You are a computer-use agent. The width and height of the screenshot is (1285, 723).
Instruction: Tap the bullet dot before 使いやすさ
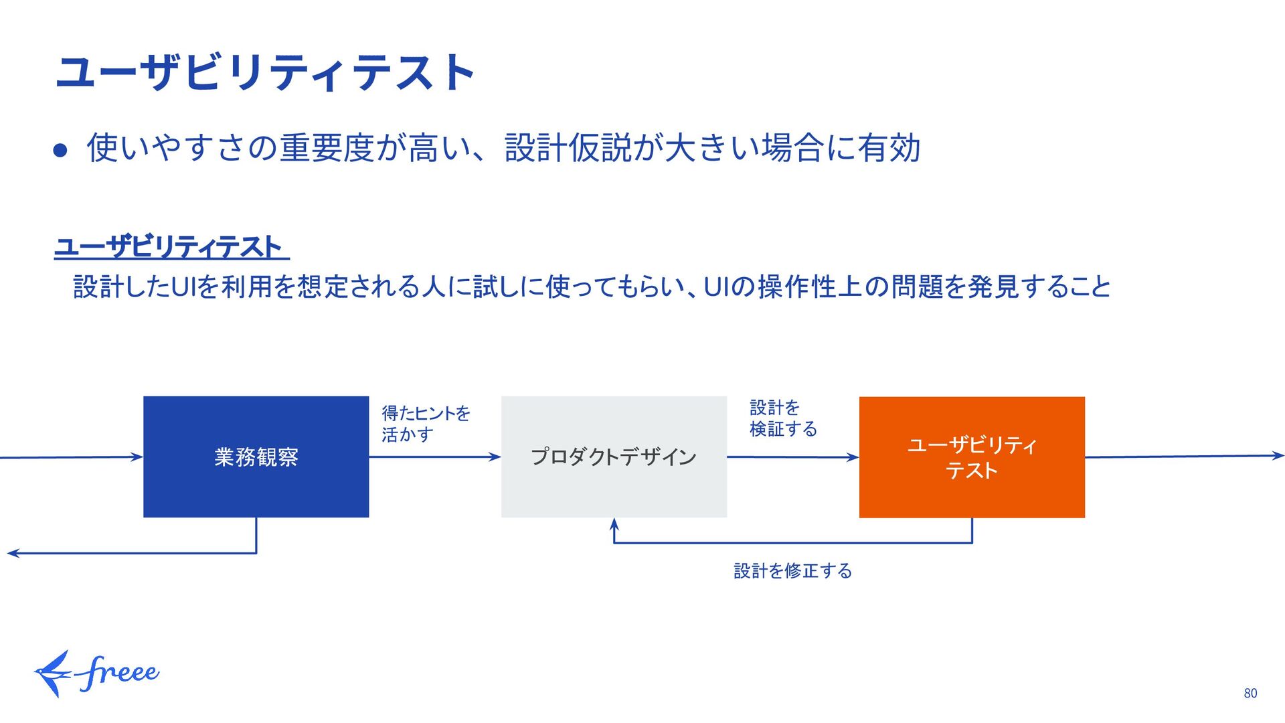pyautogui.click(x=61, y=151)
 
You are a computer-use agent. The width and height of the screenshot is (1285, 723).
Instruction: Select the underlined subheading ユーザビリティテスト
pyautogui.click(x=171, y=247)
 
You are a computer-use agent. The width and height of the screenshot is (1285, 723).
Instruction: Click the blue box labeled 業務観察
pyautogui.click(x=256, y=457)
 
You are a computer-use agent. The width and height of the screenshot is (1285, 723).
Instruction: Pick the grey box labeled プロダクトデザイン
pyautogui.click(x=614, y=457)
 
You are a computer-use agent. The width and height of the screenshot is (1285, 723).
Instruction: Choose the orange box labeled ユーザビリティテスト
pyautogui.click(x=972, y=457)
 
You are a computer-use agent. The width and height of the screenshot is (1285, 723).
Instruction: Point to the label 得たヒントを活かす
pyautogui.click(x=425, y=423)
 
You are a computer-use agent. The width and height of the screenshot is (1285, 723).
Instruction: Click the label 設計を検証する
pyautogui.click(x=782, y=418)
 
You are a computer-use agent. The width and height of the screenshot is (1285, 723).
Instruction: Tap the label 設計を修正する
pyautogui.click(x=792, y=571)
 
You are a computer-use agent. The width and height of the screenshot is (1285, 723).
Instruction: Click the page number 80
pyautogui.click(x=1250, y=694)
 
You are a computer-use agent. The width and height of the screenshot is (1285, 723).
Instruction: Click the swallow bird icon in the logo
pyautogui.click(x=52, y=673)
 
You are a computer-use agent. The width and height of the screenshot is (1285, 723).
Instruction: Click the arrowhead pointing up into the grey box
pyautogui.click(x=614, y=524)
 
